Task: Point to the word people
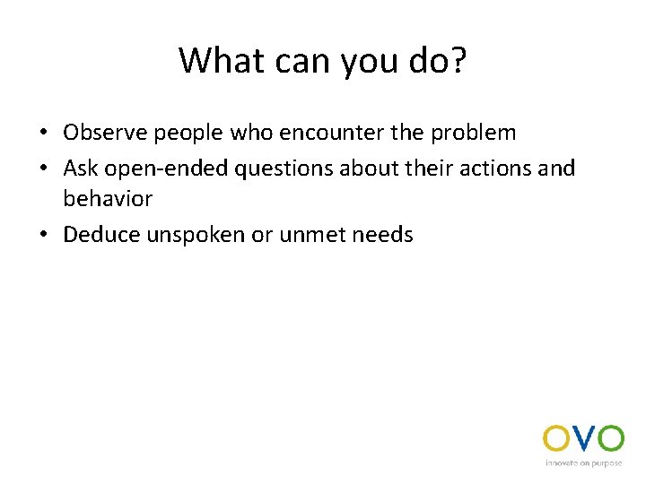184,134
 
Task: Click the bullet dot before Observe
43,134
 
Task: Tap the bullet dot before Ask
43,168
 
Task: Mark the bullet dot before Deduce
43,236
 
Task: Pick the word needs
386,235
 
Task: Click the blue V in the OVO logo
583,439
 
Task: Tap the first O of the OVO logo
556,439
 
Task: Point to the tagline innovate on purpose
584,463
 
